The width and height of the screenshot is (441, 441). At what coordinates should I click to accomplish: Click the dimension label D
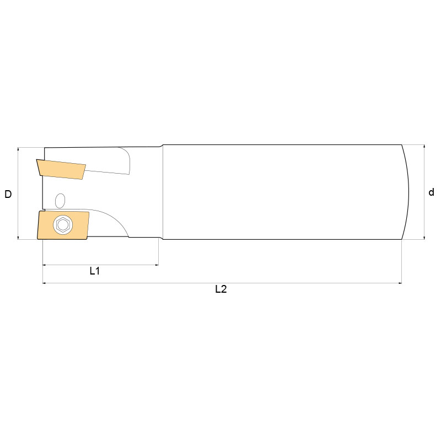(x=8, y=194)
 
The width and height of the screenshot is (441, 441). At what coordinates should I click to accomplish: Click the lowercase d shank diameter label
(x=431, y=192)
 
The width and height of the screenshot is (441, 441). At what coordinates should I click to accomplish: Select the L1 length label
(x=95, y=271)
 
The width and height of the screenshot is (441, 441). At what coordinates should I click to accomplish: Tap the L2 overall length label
(x=221, y=289)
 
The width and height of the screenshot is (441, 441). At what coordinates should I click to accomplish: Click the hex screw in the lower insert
(x=62, y=225)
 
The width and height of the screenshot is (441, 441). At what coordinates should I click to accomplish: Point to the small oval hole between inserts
(x=60, y=199)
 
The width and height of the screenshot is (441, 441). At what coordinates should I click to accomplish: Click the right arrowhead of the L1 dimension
(x=157, y=265)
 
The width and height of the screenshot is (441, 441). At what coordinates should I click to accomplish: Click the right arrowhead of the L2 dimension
(x=399, y=283)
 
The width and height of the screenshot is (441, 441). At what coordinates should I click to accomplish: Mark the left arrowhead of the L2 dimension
(x=45, y=283)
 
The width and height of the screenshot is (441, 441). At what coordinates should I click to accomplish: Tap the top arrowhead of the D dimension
(x=19, y=149)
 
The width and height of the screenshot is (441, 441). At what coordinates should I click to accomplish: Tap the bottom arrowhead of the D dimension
(x=19, y=238)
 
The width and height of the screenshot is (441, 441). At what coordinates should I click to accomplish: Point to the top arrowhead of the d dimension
(x=424, y=147)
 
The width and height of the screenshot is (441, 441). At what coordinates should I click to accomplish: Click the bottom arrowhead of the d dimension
(x=424, y=238)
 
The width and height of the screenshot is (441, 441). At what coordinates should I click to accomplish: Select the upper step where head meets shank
(x=162, y=146)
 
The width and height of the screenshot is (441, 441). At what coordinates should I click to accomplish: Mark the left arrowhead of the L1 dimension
(x=45, y=265)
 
